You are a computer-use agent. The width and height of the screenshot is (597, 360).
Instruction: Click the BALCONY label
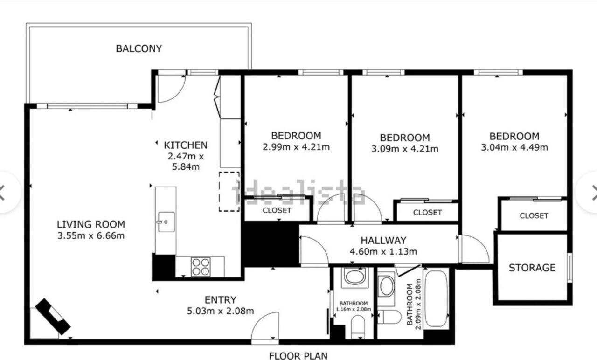[x=139, y=49]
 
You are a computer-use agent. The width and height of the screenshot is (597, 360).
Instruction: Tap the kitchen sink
[x=167, y=222]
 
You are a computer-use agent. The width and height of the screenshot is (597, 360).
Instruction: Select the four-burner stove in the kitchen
[x=201, y=267]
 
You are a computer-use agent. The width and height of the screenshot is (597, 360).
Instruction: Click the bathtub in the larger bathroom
[x=436, y=298]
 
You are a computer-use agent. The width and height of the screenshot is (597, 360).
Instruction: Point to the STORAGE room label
[x=532, y=268]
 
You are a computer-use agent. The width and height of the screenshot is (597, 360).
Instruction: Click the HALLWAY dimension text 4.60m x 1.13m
[x=383, y=251]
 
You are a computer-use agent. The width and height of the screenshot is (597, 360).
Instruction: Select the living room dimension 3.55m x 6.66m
[x=91, y=236]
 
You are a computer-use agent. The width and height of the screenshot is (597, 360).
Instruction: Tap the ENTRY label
[x=221, y=300]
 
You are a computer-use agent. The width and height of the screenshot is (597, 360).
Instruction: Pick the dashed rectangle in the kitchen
[x=229, y=192]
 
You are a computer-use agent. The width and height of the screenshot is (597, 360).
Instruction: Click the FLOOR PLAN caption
[x=298, y=356]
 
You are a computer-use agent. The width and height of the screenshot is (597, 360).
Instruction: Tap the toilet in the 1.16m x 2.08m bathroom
[x=358, y=327]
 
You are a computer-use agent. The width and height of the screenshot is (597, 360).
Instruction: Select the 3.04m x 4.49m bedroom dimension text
[x=514, y=147]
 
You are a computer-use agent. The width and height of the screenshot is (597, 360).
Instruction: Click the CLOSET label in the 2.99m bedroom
[x=277, y=210]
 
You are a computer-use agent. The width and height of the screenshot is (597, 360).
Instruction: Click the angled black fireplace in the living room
[x=53, y=317]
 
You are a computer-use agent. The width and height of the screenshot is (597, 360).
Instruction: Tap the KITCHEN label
[x=186, y=145]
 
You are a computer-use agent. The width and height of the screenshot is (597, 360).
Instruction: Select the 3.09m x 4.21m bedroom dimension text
[x=405, y=149]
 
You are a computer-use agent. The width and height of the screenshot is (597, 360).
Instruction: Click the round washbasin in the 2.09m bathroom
[x=386, y=287]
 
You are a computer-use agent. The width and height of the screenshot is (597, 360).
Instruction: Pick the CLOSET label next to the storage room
[x=534, y=215]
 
